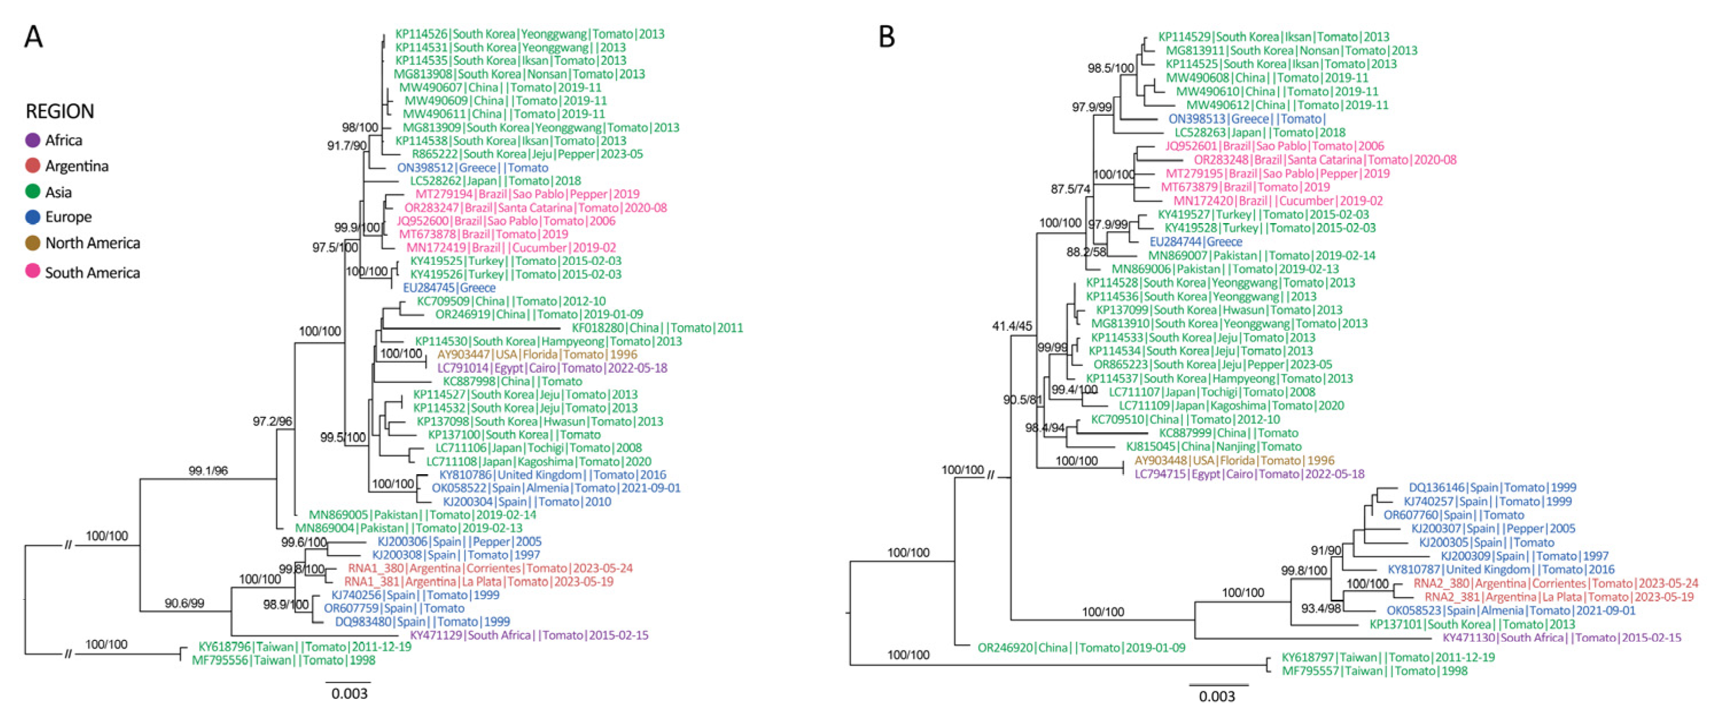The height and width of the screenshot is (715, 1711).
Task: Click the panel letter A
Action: (x=33, y=37)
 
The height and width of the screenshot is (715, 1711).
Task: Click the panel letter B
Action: (x=886, y=37)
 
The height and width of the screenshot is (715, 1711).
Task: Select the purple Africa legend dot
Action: (x=33, y=140)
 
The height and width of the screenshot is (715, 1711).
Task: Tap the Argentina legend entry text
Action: (x=76, y=166)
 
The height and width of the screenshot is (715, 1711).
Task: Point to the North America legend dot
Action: (x=33, y=243)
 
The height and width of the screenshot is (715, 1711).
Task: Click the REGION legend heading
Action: (x=60, y=111)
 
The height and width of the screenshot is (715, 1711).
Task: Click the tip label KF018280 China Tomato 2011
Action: (x=658, y=328)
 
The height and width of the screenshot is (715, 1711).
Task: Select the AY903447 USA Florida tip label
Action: (x=536, y=354)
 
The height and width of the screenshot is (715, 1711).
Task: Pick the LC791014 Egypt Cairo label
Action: (x=552, y=368)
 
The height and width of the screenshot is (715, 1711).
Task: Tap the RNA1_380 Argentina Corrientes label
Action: (x=490, y=568)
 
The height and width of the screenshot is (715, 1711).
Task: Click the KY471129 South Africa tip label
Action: (x=528, y=635)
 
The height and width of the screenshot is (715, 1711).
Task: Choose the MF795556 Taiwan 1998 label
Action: (x=283, y=661)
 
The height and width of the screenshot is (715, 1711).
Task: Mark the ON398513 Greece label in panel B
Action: (x=1247, y=119)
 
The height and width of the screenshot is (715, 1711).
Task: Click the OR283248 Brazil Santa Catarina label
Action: (x=1325, y=160)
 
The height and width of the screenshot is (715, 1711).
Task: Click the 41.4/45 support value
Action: (x=1012, y=326)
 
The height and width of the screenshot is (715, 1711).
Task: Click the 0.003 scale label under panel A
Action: (x=349, y=694)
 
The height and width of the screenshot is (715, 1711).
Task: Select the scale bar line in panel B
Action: (x=1218, y=685)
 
